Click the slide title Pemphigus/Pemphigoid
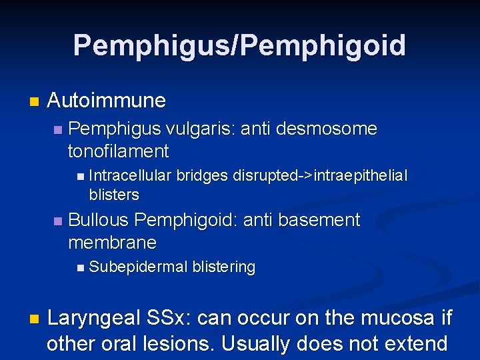tap(239, 45)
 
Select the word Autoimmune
tap(106, 101)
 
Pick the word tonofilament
tap(118, 151)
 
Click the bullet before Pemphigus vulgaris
tap(57, 129)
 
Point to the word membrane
tap(112, 242)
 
